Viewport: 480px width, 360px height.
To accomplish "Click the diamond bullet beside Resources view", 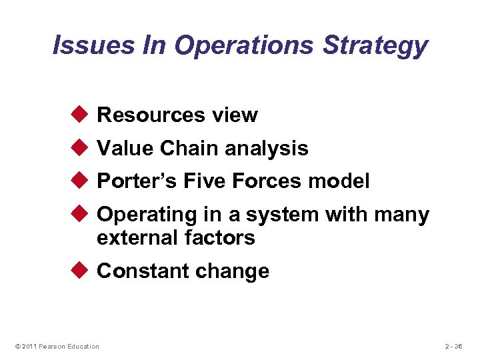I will [81, 115].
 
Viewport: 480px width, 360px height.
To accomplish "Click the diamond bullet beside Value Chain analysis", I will [81, 148].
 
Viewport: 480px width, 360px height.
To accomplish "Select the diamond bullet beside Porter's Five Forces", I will [81, 181].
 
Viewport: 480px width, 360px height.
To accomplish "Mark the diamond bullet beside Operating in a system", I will [81, 215].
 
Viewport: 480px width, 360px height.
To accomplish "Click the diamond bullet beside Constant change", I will [81, 271].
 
